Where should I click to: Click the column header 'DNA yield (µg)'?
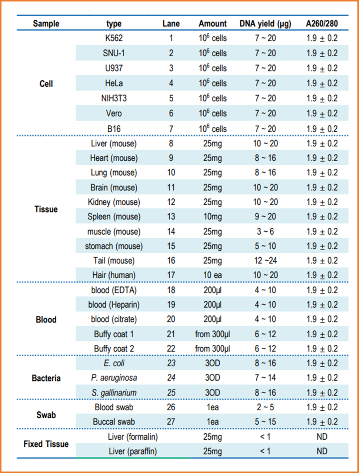(265, 24)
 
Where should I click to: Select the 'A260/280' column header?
(322, 23)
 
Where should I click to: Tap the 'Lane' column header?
(171, 23)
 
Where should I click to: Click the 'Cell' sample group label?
(46, 84)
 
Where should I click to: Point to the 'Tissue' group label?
(46, 209)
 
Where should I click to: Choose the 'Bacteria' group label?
(46, 378)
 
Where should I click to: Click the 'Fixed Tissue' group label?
(46, 444)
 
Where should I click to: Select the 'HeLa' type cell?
(114, 83)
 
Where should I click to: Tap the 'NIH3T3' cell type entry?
(114, 98)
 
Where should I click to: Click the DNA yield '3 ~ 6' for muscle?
(265, 231)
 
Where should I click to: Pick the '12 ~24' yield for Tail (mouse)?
(265, 261)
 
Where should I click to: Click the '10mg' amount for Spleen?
(213, 216)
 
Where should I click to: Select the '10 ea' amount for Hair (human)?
(213, 275)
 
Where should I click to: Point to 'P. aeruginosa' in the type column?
(114, 378)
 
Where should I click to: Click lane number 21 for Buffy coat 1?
(171, 334)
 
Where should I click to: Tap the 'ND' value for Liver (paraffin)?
(322, 451)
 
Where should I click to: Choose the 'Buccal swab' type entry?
(114, 422)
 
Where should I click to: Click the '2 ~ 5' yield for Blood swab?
(265, 407)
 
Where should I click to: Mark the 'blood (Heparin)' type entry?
(114, 305)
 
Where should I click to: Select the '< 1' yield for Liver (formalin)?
(265, 437)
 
